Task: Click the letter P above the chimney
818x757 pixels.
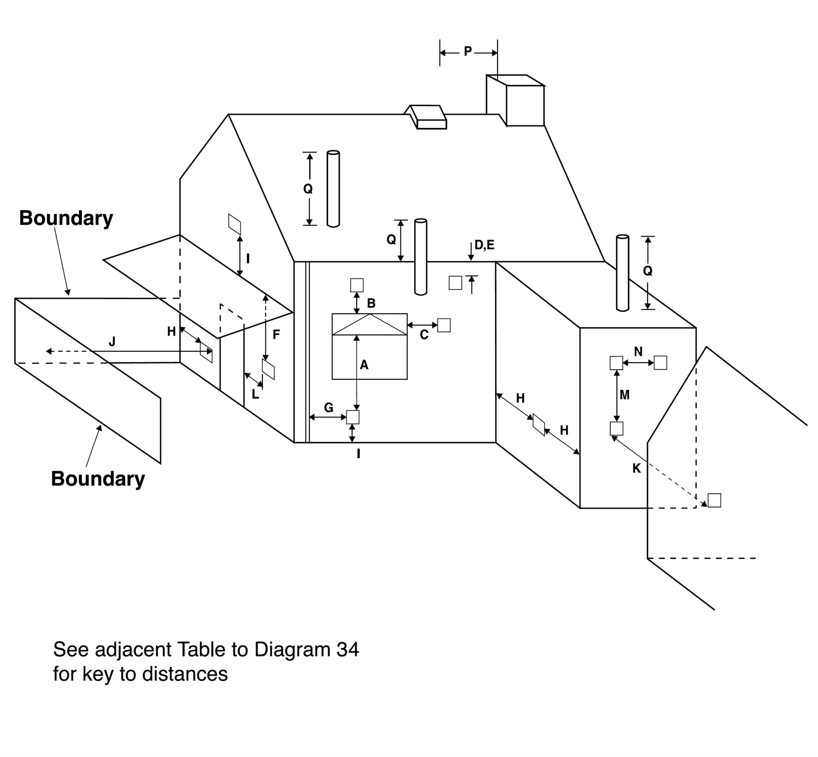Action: tap(468, 52)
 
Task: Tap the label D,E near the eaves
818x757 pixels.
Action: tap(484, 245)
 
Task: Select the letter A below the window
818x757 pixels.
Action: tap(364, 365)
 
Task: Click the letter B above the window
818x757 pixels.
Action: tap(371, 303)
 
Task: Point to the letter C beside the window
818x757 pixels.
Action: tap(424, 335)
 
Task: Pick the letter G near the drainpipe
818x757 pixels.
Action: tap(328, 408)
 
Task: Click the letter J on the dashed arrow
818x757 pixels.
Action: tap(112, 342)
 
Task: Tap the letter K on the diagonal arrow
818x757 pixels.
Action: tap(637, 468)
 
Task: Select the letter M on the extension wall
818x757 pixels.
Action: tap(625, 395)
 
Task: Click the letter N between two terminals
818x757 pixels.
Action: tap(638, 352)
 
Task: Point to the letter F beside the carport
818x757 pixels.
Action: tap(276, 335)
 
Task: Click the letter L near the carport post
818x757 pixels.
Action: tap(255, 394)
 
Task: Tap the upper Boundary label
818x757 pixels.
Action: tap(66, 218)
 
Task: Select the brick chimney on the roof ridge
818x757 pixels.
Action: tap(516, 101)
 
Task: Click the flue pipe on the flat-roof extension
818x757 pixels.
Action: tap(622, 273)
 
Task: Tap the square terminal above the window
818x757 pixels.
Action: tap(357, 285)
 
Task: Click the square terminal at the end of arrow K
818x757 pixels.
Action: tap(714, 500)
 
